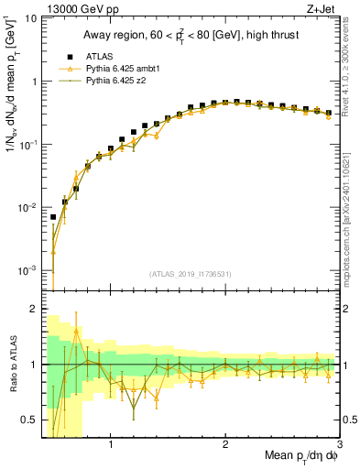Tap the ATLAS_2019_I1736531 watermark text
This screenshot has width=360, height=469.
(190, 274)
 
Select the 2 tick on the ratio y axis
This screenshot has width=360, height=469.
(31, 309)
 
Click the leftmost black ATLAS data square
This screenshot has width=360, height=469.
(53, 218)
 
